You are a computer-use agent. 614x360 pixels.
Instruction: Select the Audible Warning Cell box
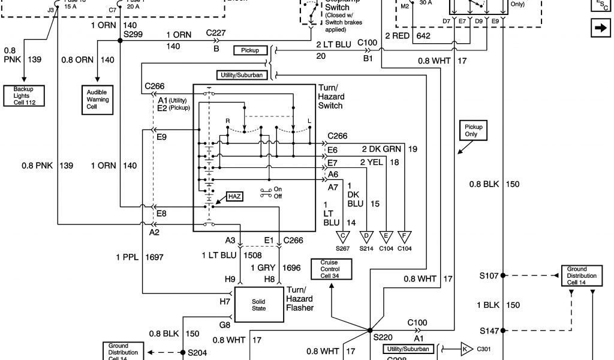[98, 99]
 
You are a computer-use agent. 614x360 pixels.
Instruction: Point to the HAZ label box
[234, 196]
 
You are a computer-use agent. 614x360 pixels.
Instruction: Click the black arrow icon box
[599, 28]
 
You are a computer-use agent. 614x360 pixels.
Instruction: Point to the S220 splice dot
[369, 330]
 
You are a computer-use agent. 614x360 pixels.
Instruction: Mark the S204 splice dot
[183, 353]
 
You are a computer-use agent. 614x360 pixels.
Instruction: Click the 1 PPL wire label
[127, 257]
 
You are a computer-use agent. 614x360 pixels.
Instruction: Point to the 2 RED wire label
[397, 35]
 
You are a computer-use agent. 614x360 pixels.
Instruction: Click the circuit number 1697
[155, 257]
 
